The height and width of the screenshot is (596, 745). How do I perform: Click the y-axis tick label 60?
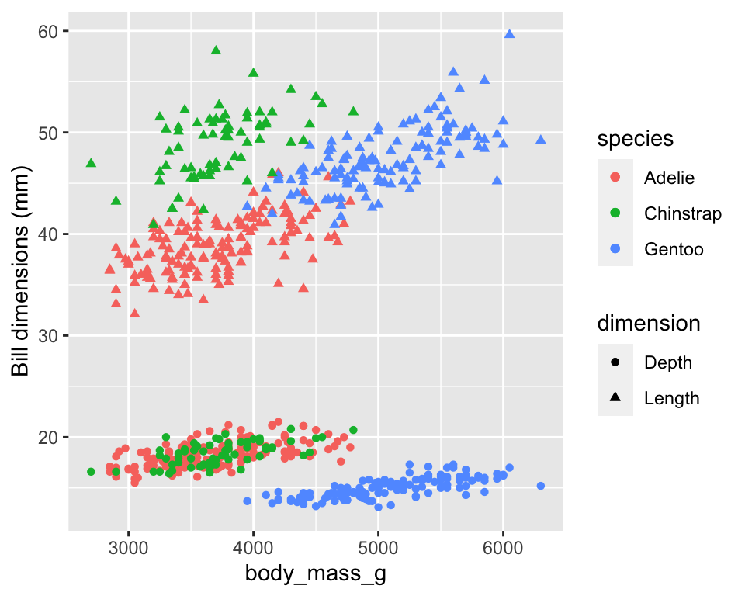[x=49, y=31]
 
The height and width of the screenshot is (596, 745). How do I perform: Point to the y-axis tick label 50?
[x=49, y=133]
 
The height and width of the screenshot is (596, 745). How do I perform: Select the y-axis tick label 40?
[x=49, y=234]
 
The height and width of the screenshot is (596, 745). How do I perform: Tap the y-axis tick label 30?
[x=49, y=336]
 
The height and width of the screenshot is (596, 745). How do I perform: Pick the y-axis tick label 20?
[x=49, y=438]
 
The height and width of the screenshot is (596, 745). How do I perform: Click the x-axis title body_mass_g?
[x=316, y=575]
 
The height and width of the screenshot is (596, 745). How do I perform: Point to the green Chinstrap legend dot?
[x=615, y=213]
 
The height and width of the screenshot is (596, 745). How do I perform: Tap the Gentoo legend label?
[x=674, y=249]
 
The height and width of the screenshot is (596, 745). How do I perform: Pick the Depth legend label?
[x=667, y=362]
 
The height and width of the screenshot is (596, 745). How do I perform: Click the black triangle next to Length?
[x=615, y=398]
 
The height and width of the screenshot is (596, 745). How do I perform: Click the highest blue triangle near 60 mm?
[x=510, y=33]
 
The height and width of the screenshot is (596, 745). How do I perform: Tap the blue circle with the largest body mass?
[x=541, y=486]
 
